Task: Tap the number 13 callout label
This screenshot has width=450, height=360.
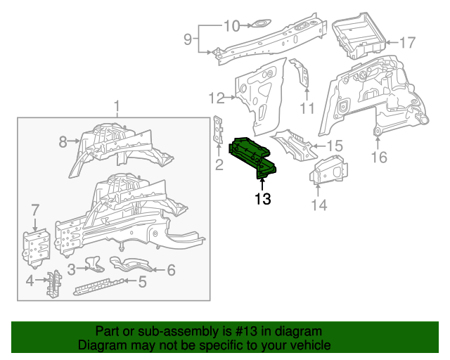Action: point(262,200)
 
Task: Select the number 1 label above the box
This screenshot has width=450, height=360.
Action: point(117,106)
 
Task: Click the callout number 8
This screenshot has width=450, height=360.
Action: point(63,142)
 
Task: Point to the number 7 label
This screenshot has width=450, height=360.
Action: point(35,209)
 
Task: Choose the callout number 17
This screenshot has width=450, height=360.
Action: point(408,43)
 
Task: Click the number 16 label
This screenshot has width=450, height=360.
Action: point(379,157)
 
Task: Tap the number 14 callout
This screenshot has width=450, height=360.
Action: point(319,205)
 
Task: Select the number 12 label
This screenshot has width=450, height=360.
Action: point(216,98)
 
